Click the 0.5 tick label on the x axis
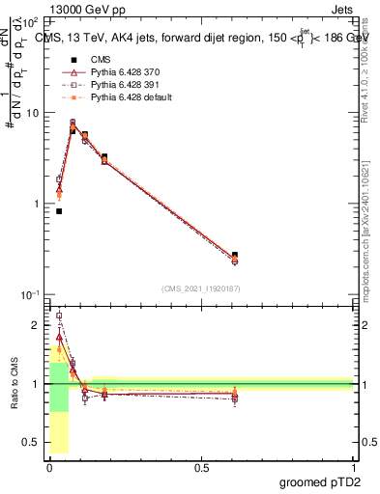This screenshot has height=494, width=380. coord(201,467)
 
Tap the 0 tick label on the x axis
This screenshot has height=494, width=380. coord(49,467)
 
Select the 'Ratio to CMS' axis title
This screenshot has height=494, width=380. coord(14,381)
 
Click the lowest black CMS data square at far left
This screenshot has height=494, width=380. coord(59,211)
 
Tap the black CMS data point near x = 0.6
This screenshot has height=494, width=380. coord(235,256)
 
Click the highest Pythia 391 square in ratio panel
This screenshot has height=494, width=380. coord(59,316)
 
